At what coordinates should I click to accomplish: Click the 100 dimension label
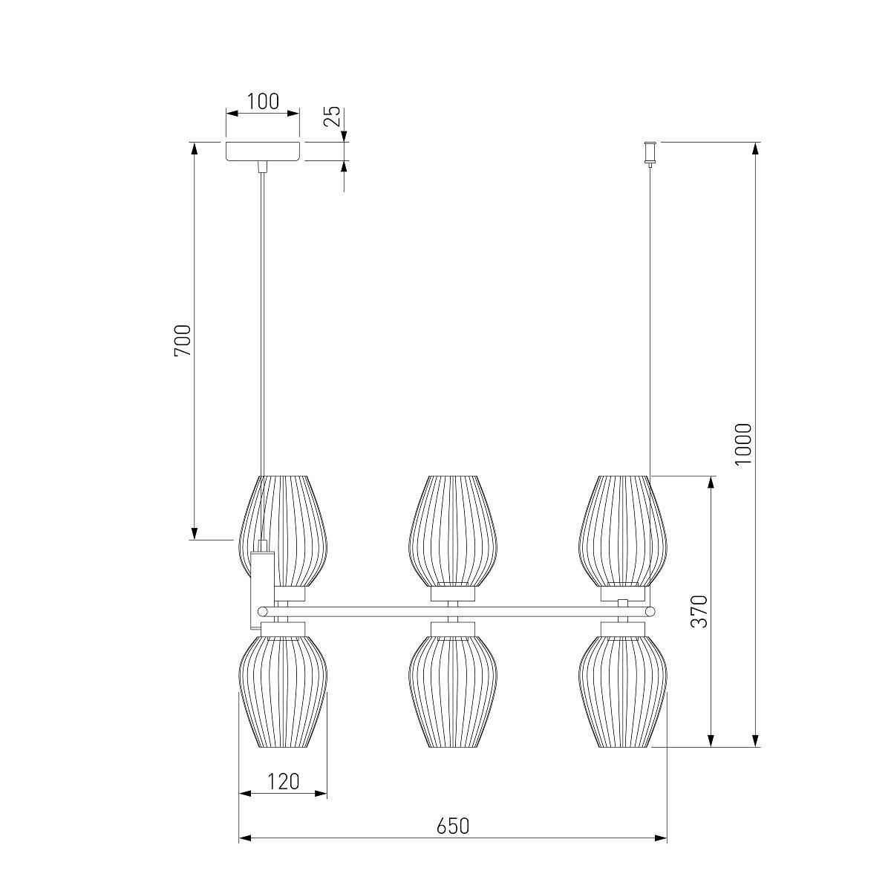263,101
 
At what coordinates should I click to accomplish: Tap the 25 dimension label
332,117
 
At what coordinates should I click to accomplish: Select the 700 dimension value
182,340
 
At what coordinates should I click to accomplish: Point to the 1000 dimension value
743,444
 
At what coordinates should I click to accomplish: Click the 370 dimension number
699,611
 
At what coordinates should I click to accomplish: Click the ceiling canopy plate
263,151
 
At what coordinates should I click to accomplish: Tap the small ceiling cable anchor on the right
650,152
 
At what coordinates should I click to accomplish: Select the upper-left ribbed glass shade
283,532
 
